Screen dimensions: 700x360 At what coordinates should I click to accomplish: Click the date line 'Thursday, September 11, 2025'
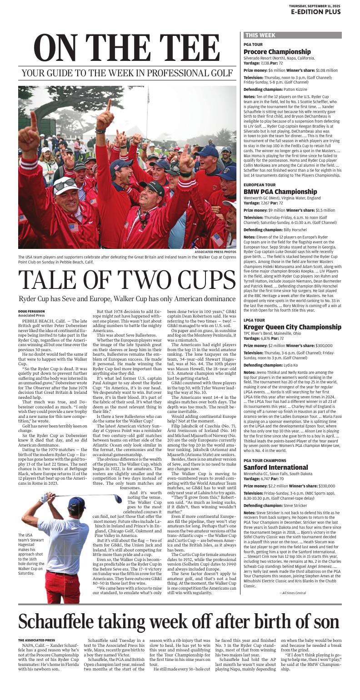(x=315, y=5)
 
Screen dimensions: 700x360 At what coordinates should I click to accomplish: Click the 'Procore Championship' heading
(x=277, y=52)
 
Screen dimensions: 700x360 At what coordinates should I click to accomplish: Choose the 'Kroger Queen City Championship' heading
(x=293, y=327)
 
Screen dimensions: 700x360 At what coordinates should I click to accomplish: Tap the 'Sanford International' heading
(x=275, y=467)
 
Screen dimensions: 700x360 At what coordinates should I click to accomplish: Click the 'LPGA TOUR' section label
(x=254, y=320)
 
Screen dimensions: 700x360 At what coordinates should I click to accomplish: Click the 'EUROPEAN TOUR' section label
(x=259, y=185)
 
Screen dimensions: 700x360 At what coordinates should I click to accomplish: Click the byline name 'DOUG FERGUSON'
(x=31, y=311)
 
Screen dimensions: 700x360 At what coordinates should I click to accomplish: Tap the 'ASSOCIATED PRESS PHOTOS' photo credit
(x=215, y=252)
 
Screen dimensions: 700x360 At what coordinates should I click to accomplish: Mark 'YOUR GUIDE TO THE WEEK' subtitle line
(x=127, y=73)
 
